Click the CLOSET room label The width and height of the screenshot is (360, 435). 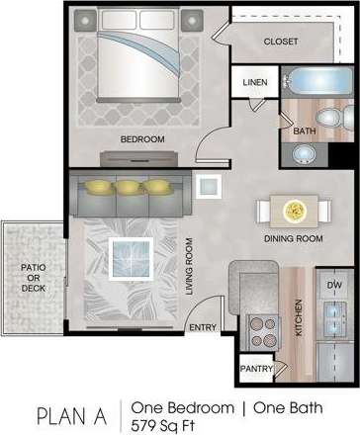281,42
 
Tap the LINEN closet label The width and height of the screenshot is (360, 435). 253,83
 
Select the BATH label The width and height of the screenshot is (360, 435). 303,130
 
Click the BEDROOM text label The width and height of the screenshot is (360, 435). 141,139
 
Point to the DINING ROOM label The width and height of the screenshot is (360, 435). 294,238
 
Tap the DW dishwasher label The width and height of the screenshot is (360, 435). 333,284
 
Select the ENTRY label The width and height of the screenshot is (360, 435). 204,327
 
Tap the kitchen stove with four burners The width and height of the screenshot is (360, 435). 263,327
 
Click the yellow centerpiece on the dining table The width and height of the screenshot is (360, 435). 294,210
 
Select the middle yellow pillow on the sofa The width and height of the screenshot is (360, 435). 128,186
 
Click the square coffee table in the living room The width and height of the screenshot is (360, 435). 131,260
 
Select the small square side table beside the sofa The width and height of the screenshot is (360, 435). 209,186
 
